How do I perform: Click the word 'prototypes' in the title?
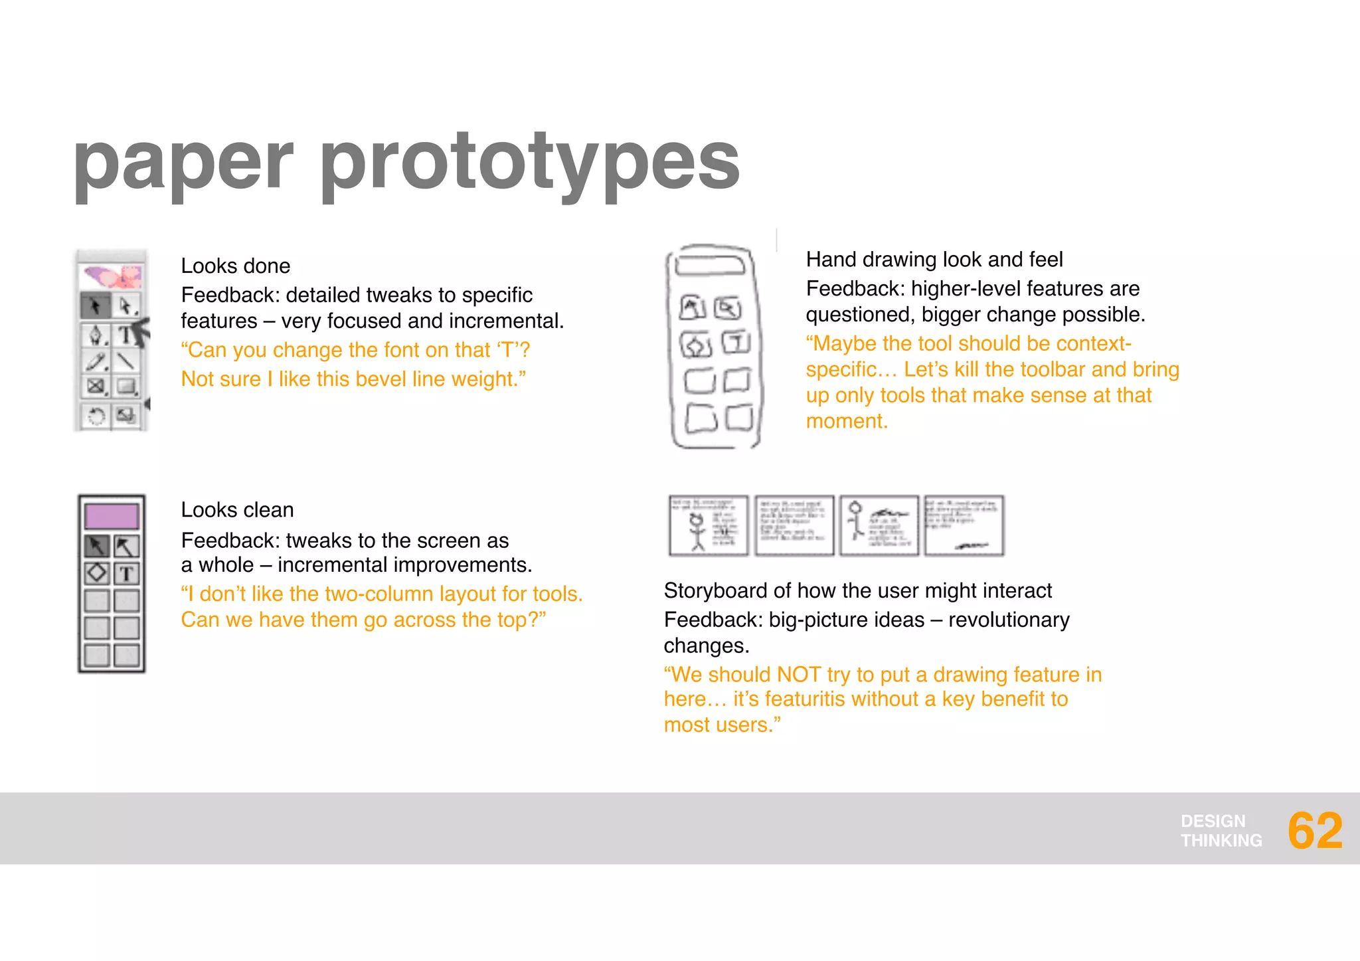coord(529,161)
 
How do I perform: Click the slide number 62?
coord(1314,831)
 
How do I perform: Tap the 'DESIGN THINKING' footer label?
coord(1221,831)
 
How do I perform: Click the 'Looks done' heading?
coord(236,266)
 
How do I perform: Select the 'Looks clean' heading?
coord(237,510)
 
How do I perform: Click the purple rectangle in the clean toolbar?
coord(112,516)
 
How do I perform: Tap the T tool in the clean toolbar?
coord(126,573)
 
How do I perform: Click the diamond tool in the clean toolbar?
coord(97,572)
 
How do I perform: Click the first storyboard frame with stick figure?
coord(709,525)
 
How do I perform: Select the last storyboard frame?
coord(964,525)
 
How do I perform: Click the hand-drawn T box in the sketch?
coord(736,343)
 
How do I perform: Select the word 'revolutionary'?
coord(1009,620)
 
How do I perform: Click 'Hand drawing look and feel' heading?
coord(934,260)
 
